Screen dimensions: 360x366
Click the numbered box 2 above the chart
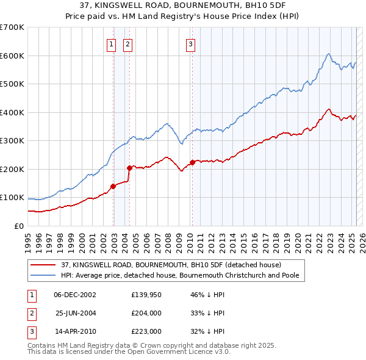coord(127,44)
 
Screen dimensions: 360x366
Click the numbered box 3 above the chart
coord(191,44)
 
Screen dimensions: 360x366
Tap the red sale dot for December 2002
coord(113,186)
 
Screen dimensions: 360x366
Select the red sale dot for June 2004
coord(129,168)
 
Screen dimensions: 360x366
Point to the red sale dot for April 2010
coord(192,162)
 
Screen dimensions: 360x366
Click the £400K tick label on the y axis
coord(12,112)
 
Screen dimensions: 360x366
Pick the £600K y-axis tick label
coord(12,56)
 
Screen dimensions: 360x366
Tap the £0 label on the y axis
coord(18,226)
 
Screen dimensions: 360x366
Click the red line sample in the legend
coord(43,265)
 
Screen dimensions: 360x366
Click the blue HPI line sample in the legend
coord(43,275)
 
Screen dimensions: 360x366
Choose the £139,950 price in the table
coord(146,294)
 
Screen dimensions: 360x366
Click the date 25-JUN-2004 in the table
coord(76,313)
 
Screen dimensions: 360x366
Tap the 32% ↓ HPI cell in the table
coord(208,332)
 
